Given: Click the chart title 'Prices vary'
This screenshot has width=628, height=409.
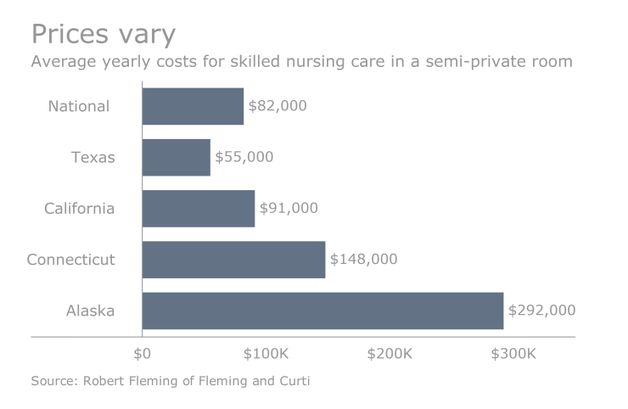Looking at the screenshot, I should pos(103,34).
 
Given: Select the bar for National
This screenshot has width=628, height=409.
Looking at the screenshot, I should pos(193,106).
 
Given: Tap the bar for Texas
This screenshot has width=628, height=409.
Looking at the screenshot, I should pos(176,157).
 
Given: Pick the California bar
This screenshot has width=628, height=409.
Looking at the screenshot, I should pos(198,208).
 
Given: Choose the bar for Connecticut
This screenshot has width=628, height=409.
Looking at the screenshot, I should pos(233,259).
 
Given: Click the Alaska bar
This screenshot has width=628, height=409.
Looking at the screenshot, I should pos(322,311).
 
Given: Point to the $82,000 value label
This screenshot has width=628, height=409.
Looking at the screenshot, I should pos(278,106).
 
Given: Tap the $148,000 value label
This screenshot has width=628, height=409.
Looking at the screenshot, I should pos(363,259).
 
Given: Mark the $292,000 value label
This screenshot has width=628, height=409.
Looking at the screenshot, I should pos(541,311).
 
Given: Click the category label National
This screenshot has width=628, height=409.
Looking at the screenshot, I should pos(79,106).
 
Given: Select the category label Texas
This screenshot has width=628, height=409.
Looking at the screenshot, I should pos(93,157).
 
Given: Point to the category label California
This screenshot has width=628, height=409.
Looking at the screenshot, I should pos(79,208).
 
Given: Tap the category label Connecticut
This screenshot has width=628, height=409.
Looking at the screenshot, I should pos(70,259).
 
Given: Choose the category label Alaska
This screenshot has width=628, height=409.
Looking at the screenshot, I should pos(90,311).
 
